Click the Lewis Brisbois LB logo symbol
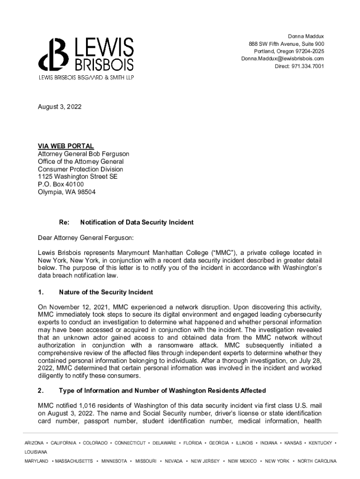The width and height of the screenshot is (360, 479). (53, 54)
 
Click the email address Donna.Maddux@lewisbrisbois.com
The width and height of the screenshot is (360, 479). (282, 58)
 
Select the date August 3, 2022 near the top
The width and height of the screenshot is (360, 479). (59, 107)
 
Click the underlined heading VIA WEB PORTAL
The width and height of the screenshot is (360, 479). (65, 146)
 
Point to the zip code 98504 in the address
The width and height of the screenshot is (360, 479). (86, 192)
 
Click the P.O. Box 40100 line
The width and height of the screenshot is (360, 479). (61, 184)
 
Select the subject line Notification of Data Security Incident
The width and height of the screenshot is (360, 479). (137, 222)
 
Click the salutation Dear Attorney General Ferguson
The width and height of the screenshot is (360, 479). (86, 238)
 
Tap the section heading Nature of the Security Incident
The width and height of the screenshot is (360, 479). (106, 292)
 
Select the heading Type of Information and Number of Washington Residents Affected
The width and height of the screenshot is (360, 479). (162, 391)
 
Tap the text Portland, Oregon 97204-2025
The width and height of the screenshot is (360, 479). (288, 51)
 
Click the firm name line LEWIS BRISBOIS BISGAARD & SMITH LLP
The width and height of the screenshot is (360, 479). (86, 78)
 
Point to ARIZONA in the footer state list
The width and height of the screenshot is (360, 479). (34, 443)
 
